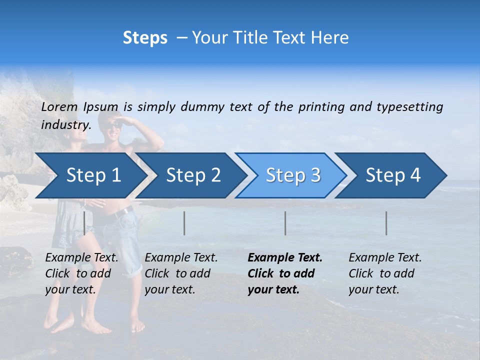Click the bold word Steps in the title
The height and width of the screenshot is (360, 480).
click(x=145, y=38)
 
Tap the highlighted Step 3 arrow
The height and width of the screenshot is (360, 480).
click(x=293, y=175)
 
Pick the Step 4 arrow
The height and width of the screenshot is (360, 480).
click(x=393, y=175)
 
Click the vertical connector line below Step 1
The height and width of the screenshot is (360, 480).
click(x=84, y=223)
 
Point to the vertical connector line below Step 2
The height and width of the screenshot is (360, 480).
click(x=184, y=223)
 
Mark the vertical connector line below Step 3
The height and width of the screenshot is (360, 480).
click(x=285, y=223)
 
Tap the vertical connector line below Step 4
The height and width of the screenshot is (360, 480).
click(x=386, y=223)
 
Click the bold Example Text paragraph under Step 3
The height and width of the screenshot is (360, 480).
click(x=284, y=273)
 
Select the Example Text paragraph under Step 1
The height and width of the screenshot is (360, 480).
click(x=81, y=273)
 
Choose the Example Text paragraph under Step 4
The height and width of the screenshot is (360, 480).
click(x=385, y=273)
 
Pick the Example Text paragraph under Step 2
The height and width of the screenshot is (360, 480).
click(x=181, y=273)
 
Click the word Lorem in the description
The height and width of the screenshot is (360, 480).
click(x=59, y=106)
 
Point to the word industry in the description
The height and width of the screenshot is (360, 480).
click(x=65, y=124)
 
